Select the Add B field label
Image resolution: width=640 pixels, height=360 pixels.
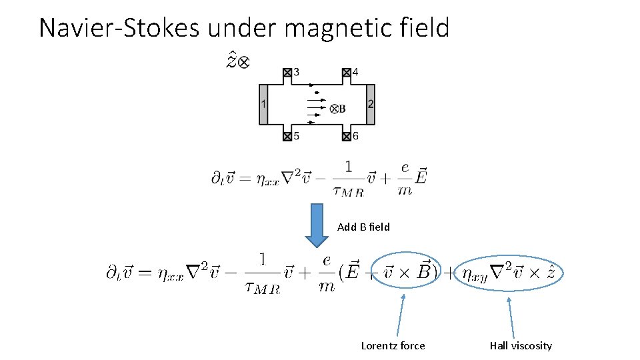(363, 227)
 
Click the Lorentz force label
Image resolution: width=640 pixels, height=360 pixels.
(393, 345)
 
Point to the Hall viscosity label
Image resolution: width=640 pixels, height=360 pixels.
(521, 345)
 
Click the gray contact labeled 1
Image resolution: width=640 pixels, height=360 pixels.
(263, 104)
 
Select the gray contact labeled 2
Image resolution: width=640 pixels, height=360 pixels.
(371, 104)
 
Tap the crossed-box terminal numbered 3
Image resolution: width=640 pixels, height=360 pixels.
(287, 72)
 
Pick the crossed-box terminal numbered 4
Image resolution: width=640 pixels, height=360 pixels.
(346, 72)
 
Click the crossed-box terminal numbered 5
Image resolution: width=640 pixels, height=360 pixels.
(287, 136)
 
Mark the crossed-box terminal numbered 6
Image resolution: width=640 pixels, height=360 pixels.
(346, 136)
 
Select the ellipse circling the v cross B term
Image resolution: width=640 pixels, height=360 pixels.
(407, 271)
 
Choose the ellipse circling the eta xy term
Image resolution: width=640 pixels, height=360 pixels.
(509, 271)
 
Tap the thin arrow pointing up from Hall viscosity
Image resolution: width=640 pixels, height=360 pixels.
(511, 317)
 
